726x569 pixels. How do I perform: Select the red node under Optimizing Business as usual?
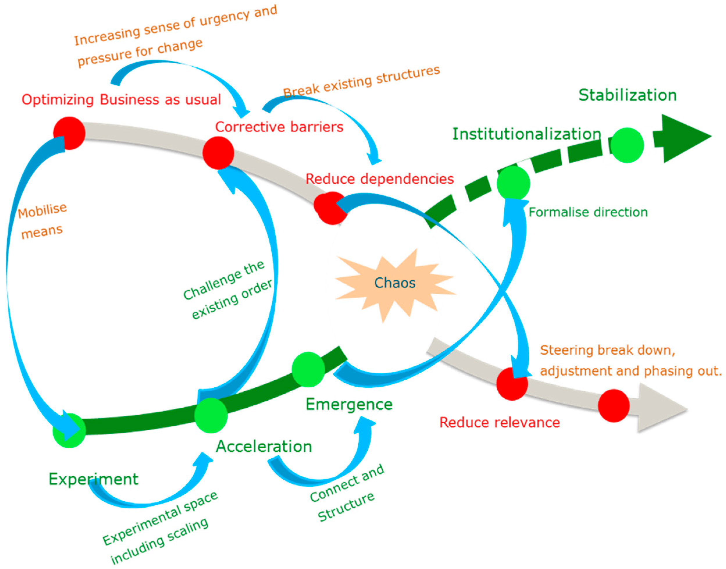pos(69,133)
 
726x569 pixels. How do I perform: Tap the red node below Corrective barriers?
pos(218,153)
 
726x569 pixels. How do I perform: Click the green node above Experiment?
pos(69,430)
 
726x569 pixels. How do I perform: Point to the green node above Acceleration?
pos(211,415)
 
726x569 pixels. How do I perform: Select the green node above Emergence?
pos(308,369)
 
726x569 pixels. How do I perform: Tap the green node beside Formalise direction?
pos(513,183)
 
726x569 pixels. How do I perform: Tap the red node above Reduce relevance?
pos(512,384)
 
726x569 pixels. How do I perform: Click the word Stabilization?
pos(627,95)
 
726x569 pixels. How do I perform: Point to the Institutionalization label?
pos(526,134)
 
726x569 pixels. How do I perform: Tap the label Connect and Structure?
pos(346,493)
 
